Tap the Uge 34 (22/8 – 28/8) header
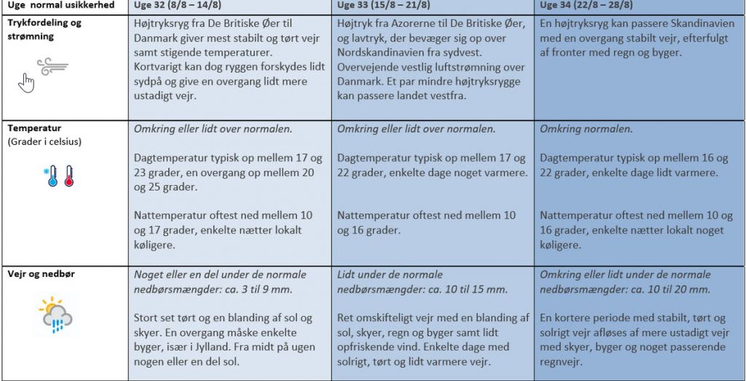[586, 6]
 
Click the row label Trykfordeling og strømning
[44, 29]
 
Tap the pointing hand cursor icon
[26, 82]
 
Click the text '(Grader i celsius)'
[44, 142]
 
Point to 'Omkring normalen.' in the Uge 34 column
[586, 129]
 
